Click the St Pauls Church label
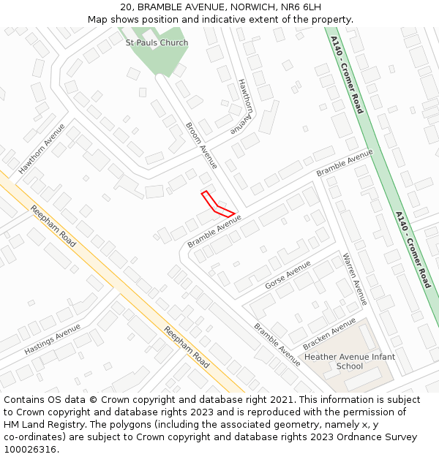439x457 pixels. pyautogui.click(x=157, y=42)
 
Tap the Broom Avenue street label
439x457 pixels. pyautogui.click(x=201, y=145)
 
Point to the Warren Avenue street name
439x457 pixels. pyautogui.click(x=354, y=279)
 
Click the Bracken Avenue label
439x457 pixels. pyautogui.click(x=329, y=333)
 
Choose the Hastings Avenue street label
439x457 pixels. pyautogui.click(x=52, y=340)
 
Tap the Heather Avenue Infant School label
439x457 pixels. pyautogui.click(x=349, y=361)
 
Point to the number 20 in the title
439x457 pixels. pyautogui.click(x=126, y=7)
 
